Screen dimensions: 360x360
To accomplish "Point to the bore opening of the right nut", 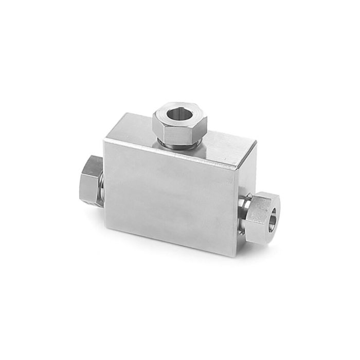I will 272,214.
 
